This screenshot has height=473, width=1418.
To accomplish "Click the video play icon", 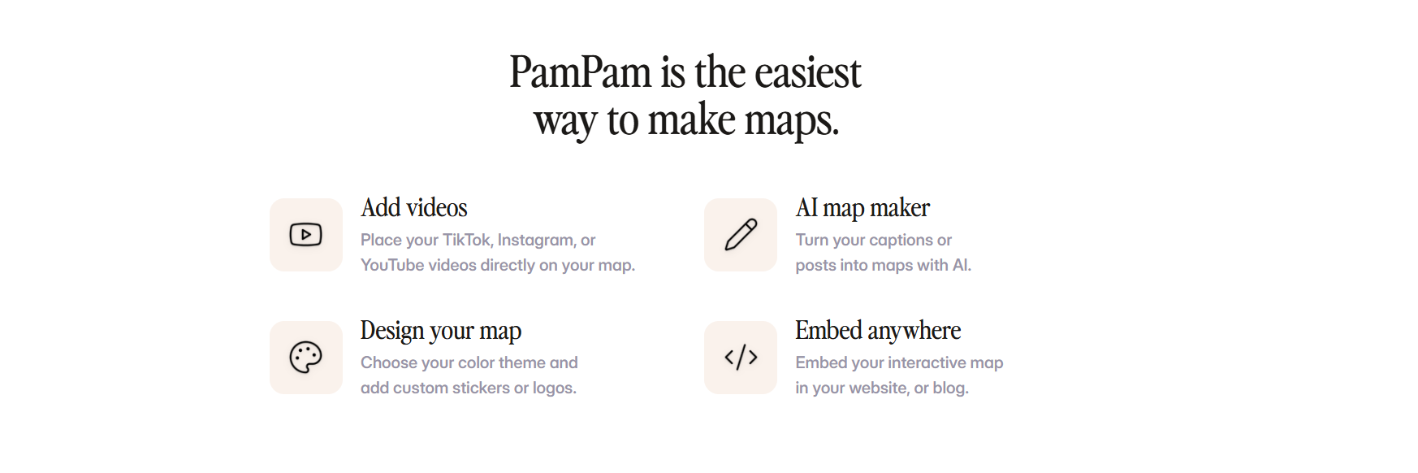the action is click(305, 235).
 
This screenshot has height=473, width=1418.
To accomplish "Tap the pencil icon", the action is click(741, 235).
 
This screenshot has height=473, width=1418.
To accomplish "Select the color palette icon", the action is click(305, 358).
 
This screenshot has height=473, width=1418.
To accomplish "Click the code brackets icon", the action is click(741, 358).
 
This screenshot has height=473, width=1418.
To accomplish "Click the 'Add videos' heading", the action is click(414, 208).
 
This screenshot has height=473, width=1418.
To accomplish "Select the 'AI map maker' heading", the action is click(862, 208).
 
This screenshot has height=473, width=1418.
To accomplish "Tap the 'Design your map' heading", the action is click(441, 331).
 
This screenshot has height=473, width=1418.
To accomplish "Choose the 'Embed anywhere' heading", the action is click(878, 331).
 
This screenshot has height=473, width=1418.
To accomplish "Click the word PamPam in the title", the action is click(581, 72).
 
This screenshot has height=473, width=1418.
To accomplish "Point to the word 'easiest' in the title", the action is click(808, 72).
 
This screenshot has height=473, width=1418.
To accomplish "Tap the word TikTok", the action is click(467, 240).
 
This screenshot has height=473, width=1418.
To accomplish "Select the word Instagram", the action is click(536, 241).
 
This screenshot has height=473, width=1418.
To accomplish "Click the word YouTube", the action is click(392, 265).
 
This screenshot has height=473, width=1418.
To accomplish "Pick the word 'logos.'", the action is click(555, 388).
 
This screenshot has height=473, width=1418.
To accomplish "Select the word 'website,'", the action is click(879, 388).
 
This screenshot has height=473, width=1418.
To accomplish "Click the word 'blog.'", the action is click(951, 388).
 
